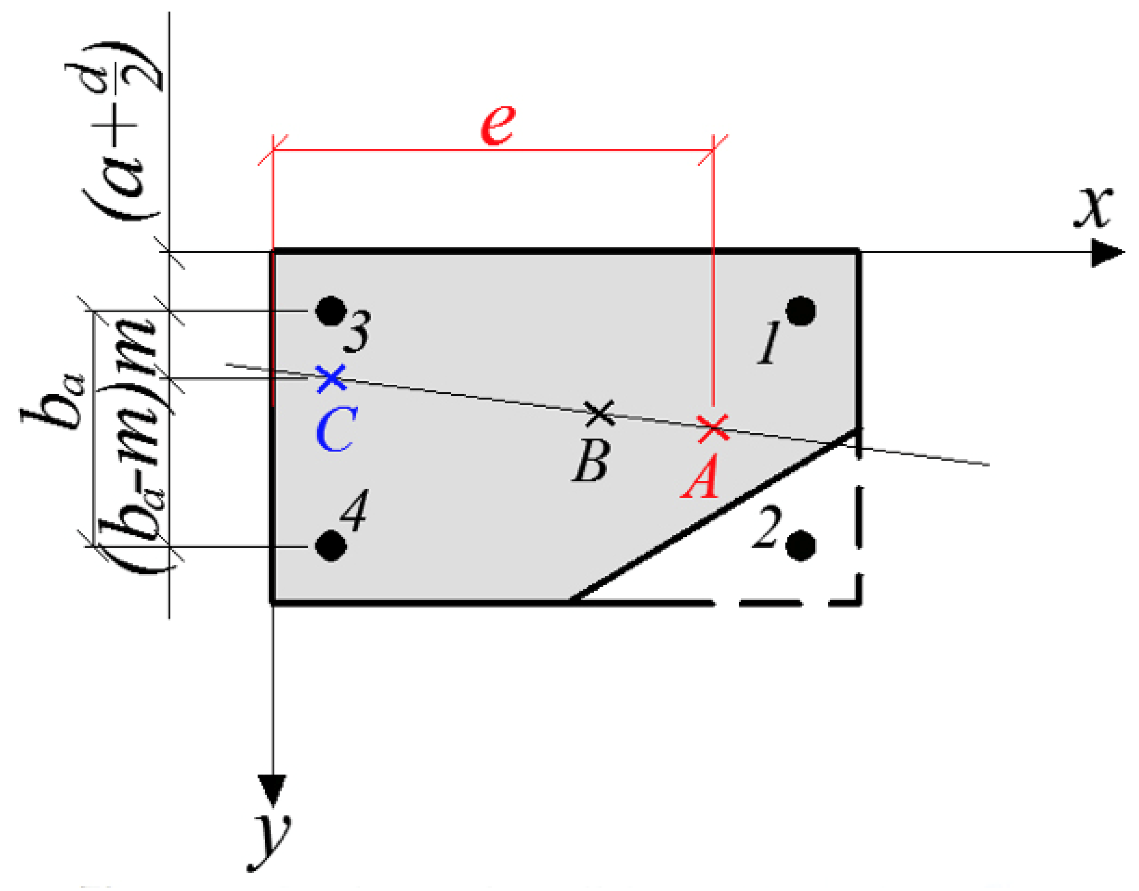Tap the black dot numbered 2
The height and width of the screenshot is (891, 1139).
click(x=801, y=546)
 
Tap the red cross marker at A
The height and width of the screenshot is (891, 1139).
click(x=713, y=429)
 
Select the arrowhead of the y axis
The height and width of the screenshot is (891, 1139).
click(x=272, y=790)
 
